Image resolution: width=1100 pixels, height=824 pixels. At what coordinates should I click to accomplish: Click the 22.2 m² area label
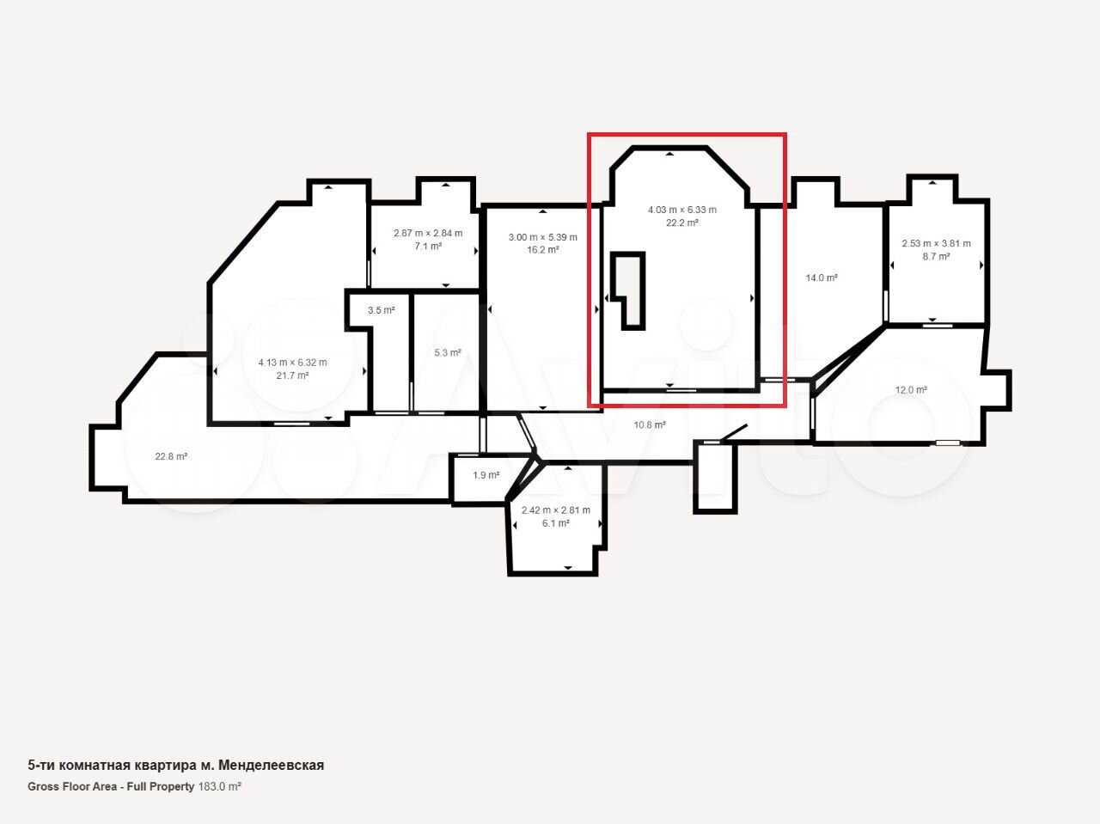pyautogui.click(x=682, y=223)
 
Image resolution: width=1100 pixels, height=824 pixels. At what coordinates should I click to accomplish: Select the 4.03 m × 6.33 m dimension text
pyautogui.click(x=682, y=210)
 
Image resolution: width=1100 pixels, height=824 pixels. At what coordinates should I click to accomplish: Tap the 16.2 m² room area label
pyautogui.click(x=543, y=250)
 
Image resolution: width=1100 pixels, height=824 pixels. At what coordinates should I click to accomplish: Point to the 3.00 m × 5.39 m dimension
pyautogui.click(x=543, y=237)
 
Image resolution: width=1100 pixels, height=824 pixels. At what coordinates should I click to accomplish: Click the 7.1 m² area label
pyautogui.click(x=428, y=247)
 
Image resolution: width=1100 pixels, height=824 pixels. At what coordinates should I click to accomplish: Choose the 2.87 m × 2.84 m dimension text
pyautogui.click(x=428, y=234)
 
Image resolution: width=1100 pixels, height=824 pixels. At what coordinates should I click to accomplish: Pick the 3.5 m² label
pyautogui.click(x=382, y=310)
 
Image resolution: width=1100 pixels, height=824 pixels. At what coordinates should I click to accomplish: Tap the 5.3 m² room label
pyautogui.click(x=448, y=353)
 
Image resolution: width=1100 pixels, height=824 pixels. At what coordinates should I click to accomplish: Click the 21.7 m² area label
pyautogui.click(x=292, y=375)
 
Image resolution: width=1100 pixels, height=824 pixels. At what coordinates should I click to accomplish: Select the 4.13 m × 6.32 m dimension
pyautogui.click(x=292, y=363)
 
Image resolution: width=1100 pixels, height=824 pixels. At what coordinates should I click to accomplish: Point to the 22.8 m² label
pyautogui.click(x=171, y=457)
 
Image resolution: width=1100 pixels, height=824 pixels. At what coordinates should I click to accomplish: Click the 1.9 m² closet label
pyautogui.click(x=486, y=475)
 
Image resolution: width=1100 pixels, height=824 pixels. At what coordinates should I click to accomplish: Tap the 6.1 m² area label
pyautogui.click(x=556, y=523)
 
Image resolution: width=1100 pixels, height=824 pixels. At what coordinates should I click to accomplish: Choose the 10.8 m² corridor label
pyautogui.click(x=650, y=425)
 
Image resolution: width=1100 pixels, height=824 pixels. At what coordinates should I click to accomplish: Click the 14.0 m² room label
pyautogui.click(x=822, y=278)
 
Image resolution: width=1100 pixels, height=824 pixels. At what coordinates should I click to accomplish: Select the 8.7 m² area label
pyautogui.click(x=936, y=257)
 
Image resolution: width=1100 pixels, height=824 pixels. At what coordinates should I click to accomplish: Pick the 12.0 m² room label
pyautogui.click(x=911, y=390)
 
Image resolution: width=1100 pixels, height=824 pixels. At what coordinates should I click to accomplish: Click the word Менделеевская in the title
pyautogui.click(x=271, y=766)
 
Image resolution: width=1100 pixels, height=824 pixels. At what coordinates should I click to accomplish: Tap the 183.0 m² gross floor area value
pyautogui.click(x=219, y=786)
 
